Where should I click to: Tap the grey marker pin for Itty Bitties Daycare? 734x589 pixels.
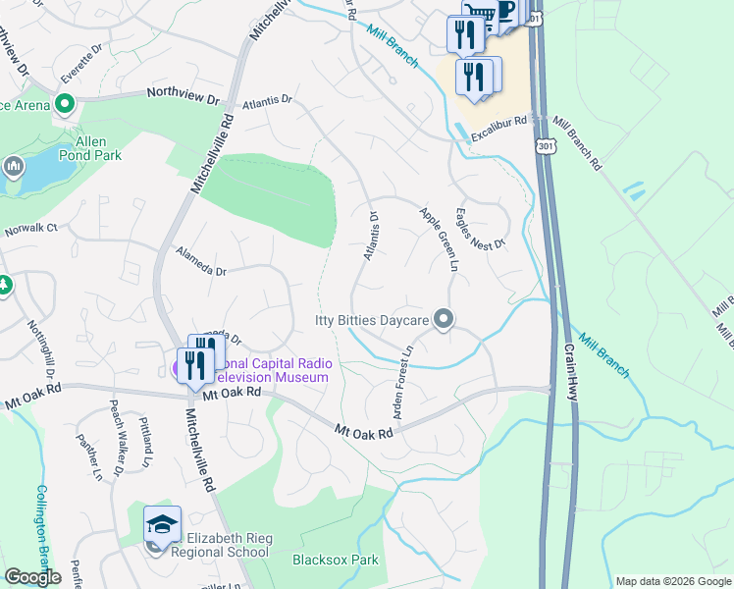(x=444, y=319)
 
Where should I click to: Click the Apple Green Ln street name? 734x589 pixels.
(x=440, y=239)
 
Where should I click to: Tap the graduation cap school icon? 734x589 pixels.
(x=162, y=522)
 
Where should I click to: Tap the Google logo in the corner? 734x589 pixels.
(x=32, y=577)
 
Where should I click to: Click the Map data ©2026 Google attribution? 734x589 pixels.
(x=673, y=581)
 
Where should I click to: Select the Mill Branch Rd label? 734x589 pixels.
(x=576, y=143)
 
